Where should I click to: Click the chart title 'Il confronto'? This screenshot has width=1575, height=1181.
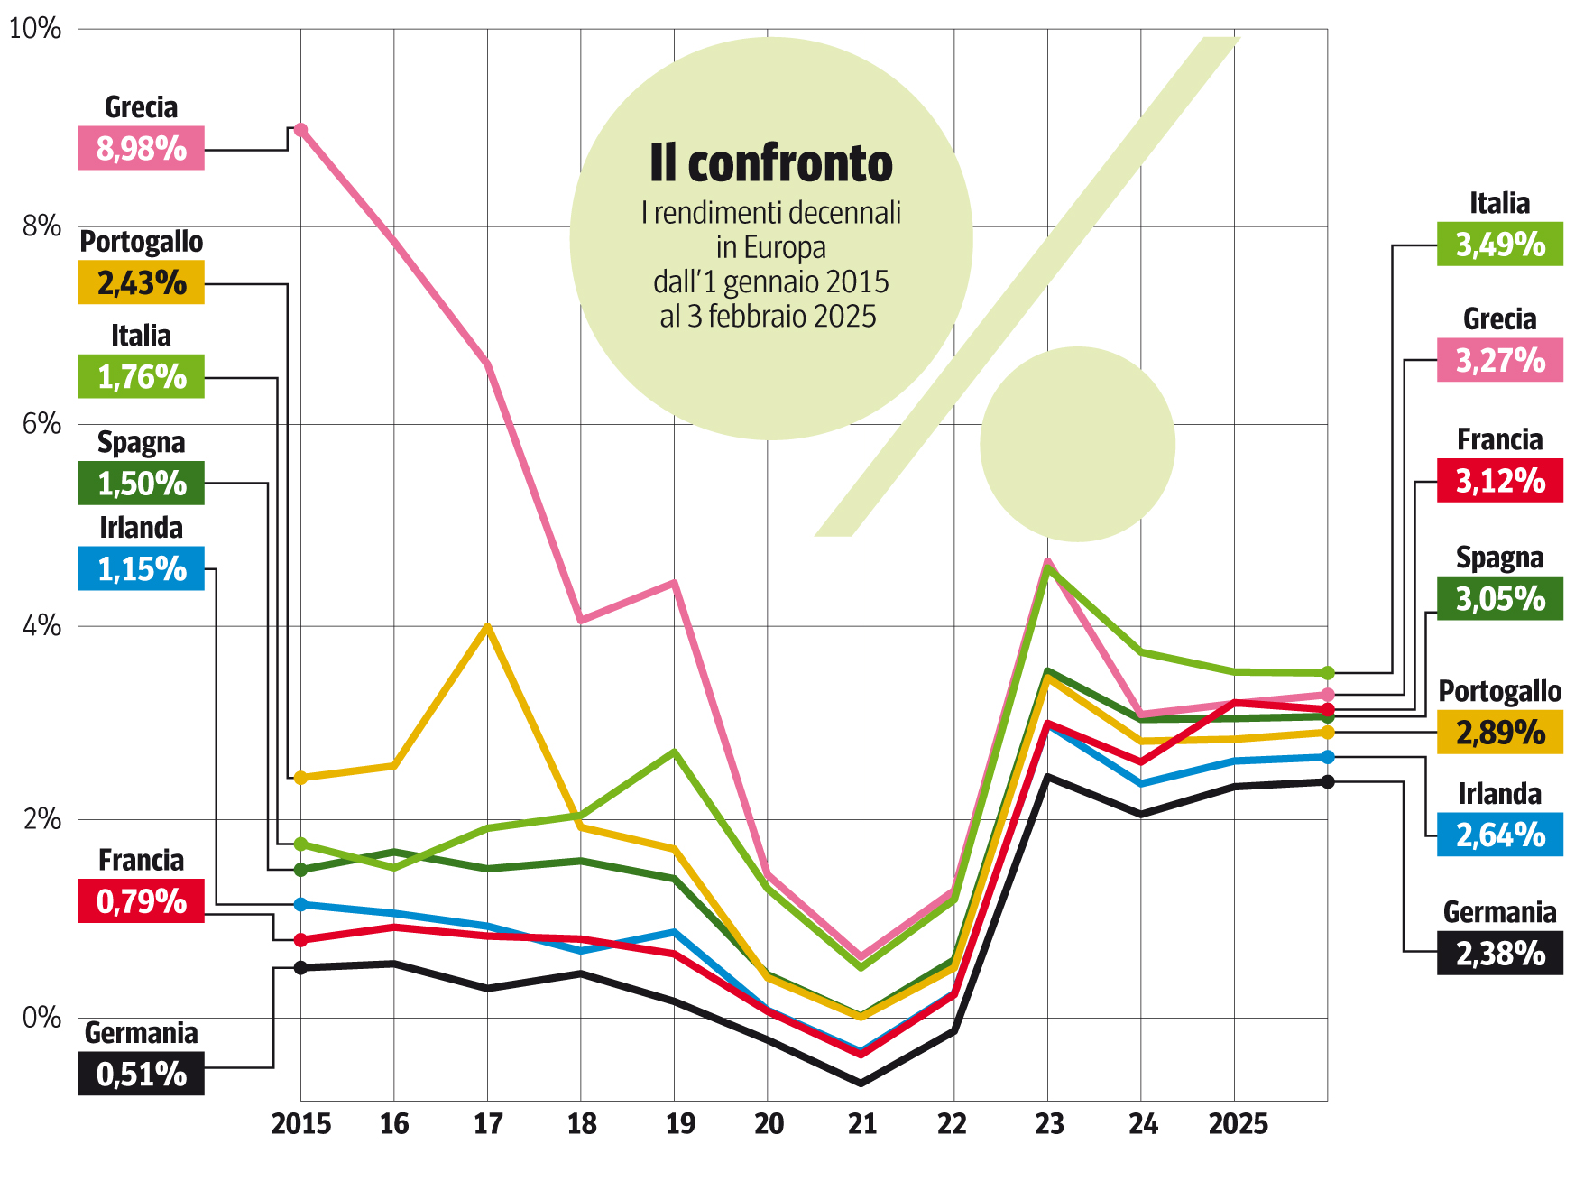pos(771,163)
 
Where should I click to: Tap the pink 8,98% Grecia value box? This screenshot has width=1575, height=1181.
pos(142,148)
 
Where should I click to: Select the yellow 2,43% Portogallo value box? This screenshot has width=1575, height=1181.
pos(142,282)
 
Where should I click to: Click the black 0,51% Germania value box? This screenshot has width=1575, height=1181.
pos(142,1074)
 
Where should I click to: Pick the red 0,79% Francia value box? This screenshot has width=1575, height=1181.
pos(142,900)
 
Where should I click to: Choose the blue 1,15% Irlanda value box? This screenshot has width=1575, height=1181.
pos(142,568)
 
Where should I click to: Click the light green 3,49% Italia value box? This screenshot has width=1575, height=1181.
pos(1499,244)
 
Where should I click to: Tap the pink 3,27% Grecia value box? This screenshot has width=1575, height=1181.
pos(1499,360)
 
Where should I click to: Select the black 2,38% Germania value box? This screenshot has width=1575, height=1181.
pos(1499,953)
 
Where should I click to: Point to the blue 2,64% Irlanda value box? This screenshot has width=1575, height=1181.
pos(1499,835)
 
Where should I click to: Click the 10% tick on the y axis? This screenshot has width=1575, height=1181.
pos(35,28)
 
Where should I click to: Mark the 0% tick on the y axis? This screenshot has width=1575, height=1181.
pos(41,1018)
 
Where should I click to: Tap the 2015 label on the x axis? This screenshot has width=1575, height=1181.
pos(301,1123)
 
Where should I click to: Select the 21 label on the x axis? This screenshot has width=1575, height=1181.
pos(861,1123)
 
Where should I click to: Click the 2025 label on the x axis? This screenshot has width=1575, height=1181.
pos(1238,1123)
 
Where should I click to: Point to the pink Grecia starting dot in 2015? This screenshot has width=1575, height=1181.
pos(301,130)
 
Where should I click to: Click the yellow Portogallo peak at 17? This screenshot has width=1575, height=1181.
pos(488,626)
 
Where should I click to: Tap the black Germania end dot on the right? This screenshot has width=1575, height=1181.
pos(1328,781)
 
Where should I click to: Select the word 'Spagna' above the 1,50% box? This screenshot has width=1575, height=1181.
pos(142,442)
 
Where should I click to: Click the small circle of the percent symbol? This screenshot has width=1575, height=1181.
pos(1077,444)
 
